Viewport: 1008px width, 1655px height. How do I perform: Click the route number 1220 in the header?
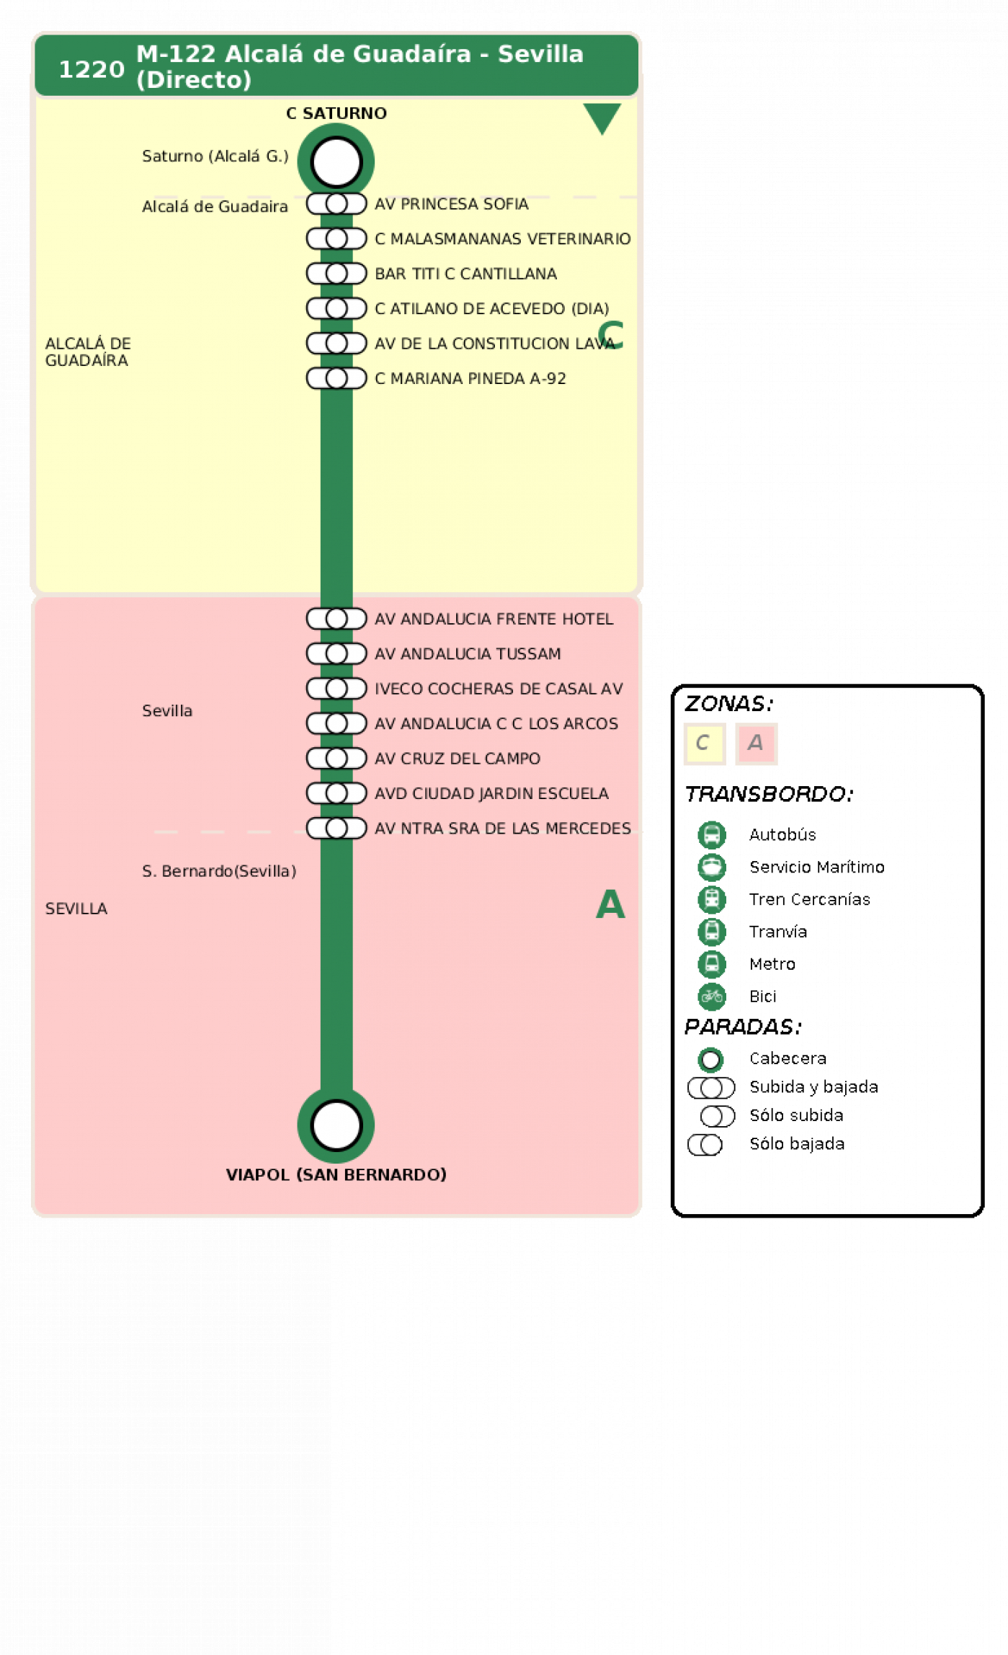pos(91,70)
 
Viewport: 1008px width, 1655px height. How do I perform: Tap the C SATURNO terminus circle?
pos(336,161)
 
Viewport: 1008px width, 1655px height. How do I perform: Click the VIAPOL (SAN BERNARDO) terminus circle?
pos(336,1125)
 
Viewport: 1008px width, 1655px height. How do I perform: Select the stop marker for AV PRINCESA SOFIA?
pos(336,204)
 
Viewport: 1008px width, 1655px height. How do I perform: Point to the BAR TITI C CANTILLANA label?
pos(465,274)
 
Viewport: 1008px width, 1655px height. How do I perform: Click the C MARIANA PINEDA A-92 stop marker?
pos(336,378)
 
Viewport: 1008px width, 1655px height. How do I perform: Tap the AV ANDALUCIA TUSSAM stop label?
pos(468,653)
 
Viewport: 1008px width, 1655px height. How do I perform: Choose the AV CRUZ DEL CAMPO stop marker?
pos(336,758)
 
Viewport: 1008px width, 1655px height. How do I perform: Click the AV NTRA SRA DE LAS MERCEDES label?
pos(503,829)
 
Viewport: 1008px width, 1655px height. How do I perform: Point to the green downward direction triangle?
pos(602,117)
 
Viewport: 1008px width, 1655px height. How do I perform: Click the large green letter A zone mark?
pos(610,904)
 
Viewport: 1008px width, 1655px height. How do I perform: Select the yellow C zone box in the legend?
pos(704,743)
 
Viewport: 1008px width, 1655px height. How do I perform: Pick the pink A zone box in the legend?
pos(756,743)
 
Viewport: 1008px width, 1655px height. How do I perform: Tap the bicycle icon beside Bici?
pos(711,996)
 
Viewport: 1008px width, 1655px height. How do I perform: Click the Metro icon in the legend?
pos(711,963)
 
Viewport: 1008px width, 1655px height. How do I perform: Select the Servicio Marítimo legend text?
pos(816,867)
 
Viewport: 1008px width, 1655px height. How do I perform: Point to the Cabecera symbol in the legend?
pos(710,1059)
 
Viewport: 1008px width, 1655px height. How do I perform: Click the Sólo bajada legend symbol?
pos(705,1144)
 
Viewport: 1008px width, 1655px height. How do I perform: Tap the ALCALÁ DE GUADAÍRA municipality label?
pos(88,352)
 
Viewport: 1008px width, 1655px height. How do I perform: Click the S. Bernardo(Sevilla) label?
pos(219,871)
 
